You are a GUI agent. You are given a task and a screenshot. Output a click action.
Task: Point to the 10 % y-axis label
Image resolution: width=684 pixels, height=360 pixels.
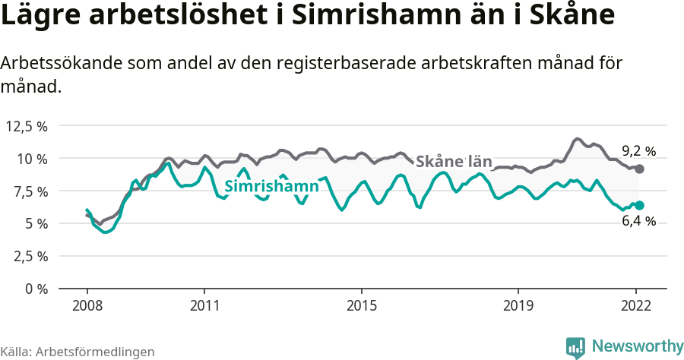point(32,159)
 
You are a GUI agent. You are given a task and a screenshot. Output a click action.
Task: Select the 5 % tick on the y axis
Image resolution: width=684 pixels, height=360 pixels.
point(36,223)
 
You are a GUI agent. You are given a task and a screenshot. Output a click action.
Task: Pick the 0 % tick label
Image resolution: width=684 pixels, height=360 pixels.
point(36,289)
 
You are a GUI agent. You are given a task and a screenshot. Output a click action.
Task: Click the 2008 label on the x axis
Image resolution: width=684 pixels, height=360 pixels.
point(87,305)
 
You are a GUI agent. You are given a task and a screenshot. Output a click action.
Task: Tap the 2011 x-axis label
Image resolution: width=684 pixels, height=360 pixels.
point(204,305)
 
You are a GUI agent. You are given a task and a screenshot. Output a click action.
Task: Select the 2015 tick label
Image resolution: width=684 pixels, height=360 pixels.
point(362,305)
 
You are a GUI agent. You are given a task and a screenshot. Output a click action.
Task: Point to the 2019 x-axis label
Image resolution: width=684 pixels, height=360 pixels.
point(518,305)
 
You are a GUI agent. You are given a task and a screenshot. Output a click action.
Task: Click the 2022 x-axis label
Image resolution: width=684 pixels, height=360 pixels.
point(636,305)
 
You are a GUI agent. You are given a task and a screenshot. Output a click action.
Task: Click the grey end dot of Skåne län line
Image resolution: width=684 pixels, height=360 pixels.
point(640,169)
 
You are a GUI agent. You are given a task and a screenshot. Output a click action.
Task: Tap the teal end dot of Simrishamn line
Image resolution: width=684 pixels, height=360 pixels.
point(640,205)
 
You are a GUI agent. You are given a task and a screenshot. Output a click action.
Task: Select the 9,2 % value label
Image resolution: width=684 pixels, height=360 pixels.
point(638,150)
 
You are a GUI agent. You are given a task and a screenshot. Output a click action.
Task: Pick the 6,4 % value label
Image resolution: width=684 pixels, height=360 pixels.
point(639,221)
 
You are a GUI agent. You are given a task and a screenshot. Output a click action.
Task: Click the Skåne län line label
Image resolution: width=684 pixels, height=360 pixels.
point(454,160)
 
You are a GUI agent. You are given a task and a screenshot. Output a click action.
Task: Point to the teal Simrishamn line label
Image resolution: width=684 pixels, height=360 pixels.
point(271,186)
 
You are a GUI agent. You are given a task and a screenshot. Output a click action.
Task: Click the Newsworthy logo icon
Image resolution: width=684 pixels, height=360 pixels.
point(575,347)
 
